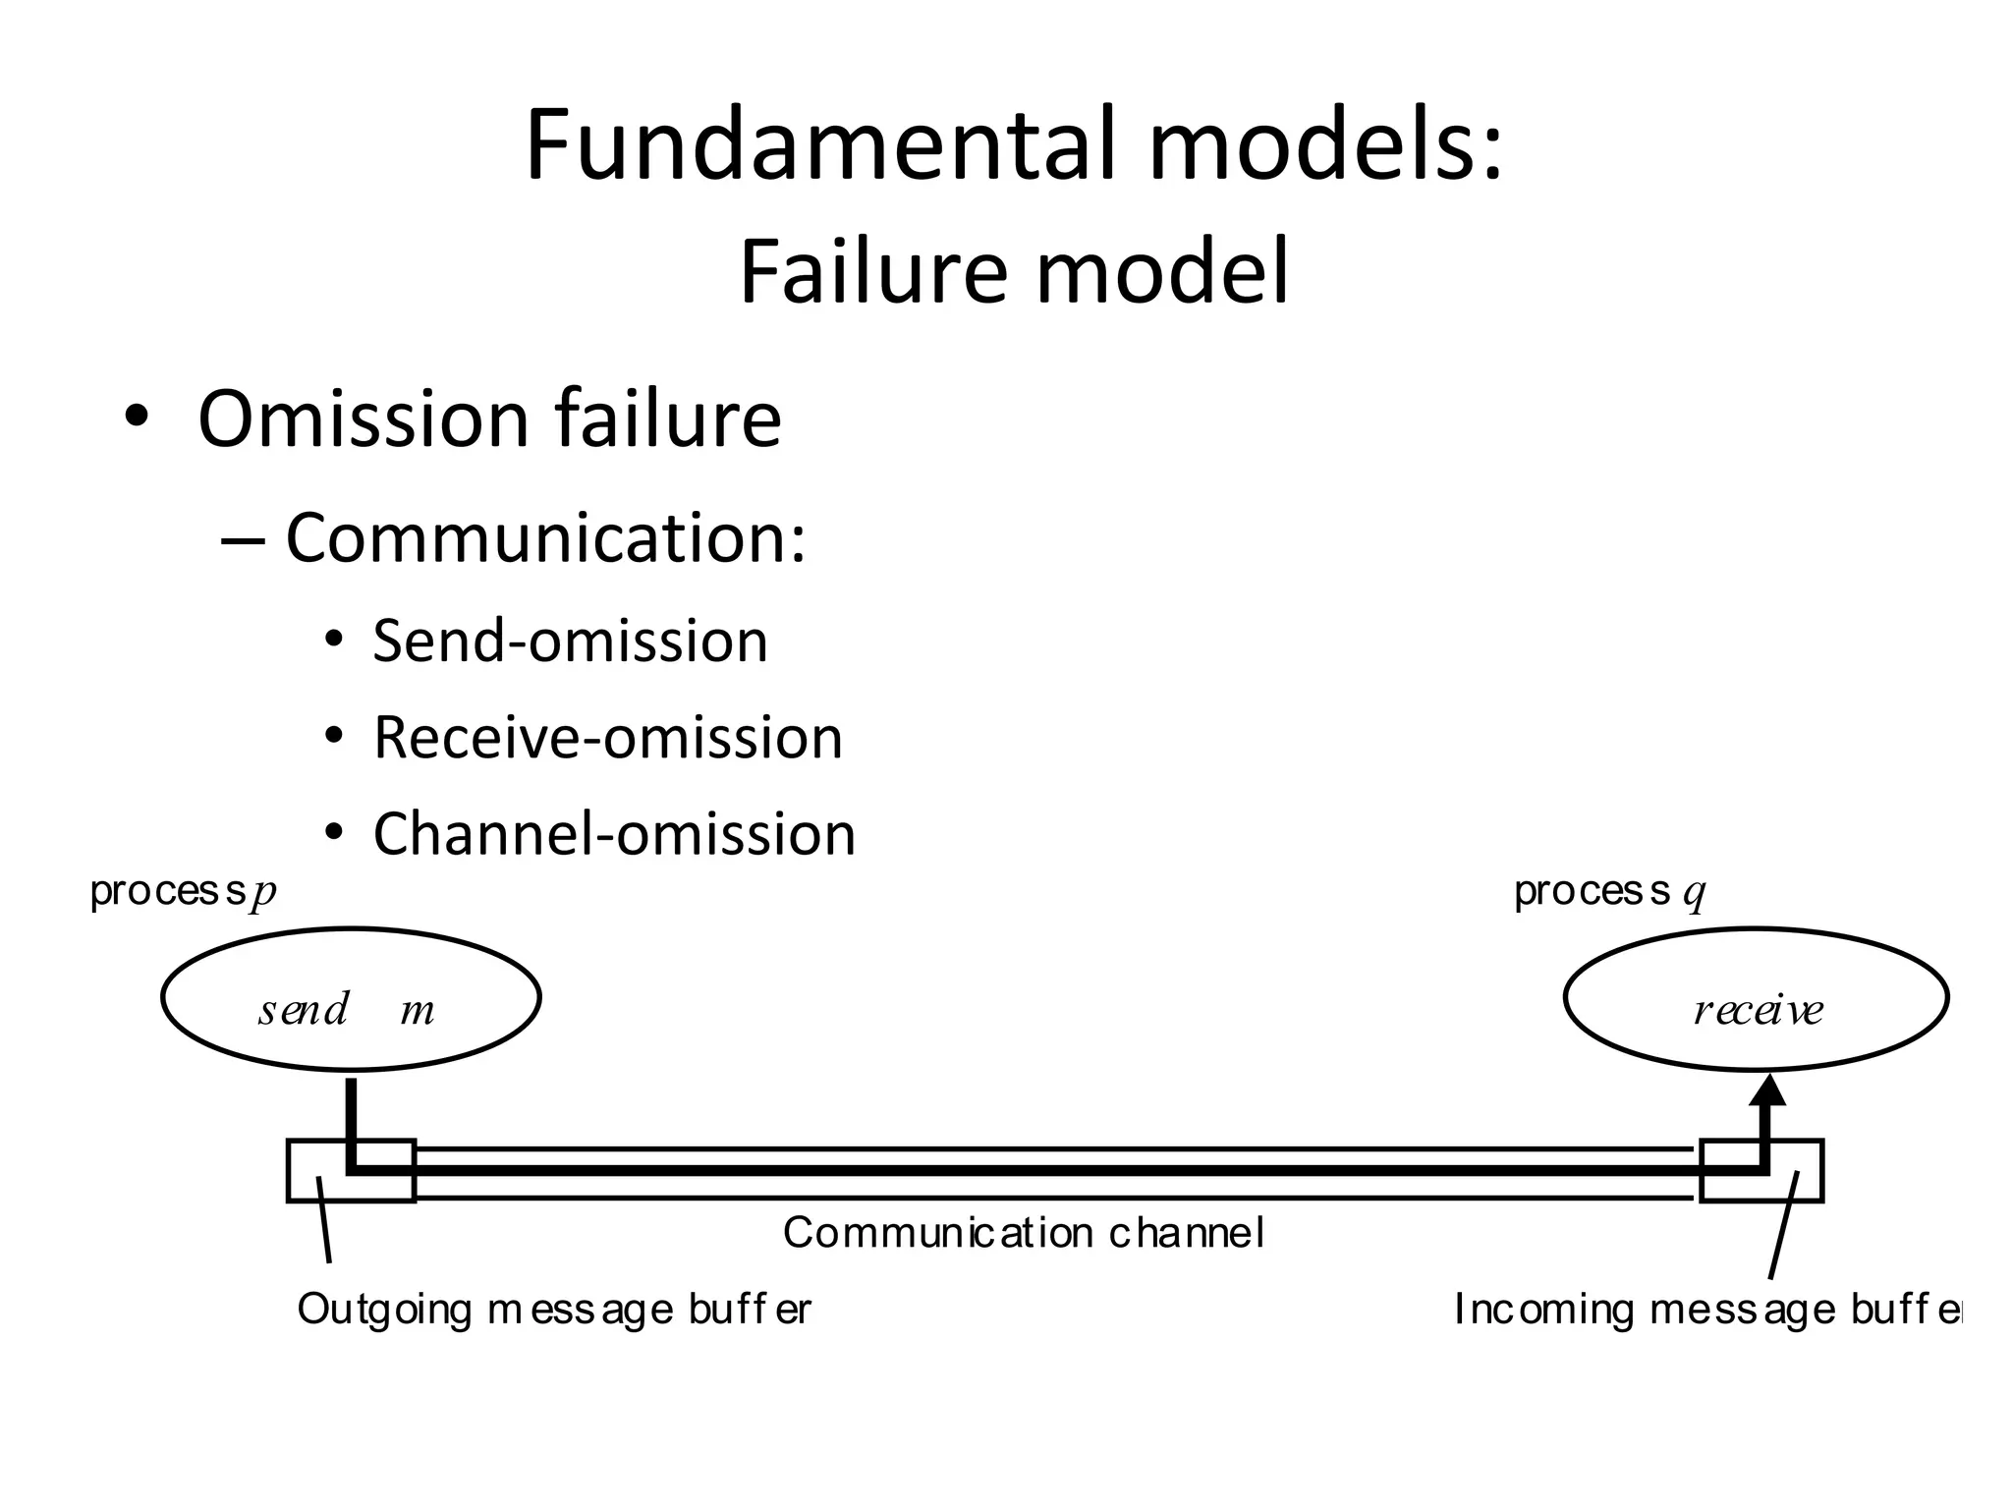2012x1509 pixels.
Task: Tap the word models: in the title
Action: coord(1326,145)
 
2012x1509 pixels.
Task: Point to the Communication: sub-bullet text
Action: coord(545,538)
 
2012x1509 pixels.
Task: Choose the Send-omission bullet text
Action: coord(570,642)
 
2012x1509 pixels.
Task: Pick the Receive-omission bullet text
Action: coord(607,738)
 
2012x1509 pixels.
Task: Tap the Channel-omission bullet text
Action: coord(614,834)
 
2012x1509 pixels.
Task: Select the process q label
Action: coord(1609,892)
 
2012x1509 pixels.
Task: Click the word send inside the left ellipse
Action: coord(304,1010)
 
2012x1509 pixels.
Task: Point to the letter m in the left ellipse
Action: coord(418,1011)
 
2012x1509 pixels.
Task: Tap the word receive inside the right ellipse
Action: coord(1759,1010)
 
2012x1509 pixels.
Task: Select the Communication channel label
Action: coord(1023,1233)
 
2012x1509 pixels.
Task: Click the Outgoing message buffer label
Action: coord(554,1310)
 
